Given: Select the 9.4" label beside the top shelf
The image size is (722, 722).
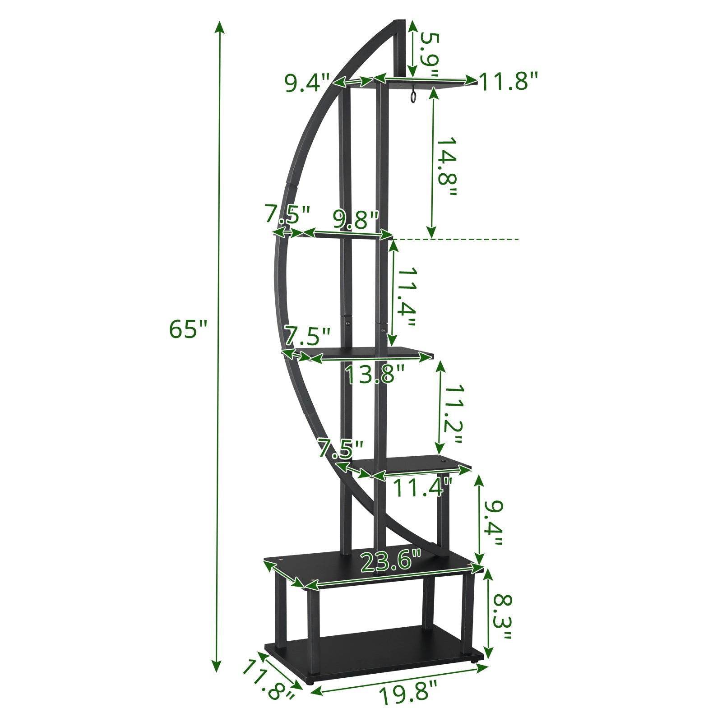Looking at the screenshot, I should coord(308,83).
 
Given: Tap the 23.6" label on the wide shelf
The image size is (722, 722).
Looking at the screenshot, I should coord(390,561).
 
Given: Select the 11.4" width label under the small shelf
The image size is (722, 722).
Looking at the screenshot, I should coord(422,487).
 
